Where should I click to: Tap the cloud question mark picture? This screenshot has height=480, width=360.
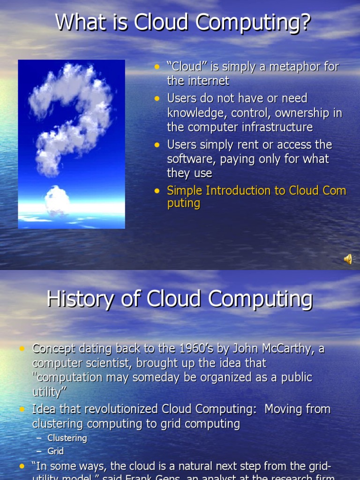[x=71, y=144]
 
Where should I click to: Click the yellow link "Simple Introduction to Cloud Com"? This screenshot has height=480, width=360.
[x=256, y=190]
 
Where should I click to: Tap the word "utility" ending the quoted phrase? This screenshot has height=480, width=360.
[x=47, y=392]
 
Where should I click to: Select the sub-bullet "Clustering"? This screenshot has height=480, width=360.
[x=67, y=438]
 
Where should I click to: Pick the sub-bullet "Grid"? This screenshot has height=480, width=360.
[x=55, y=451]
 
